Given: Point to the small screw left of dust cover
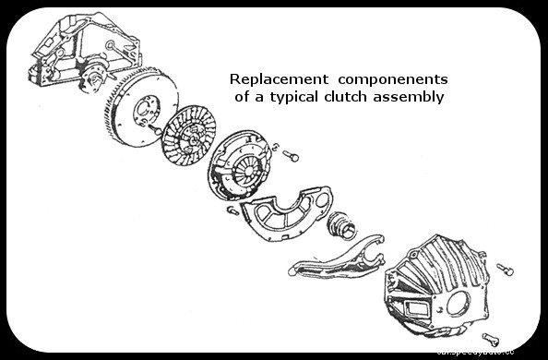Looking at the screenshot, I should [x=233, y=210].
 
